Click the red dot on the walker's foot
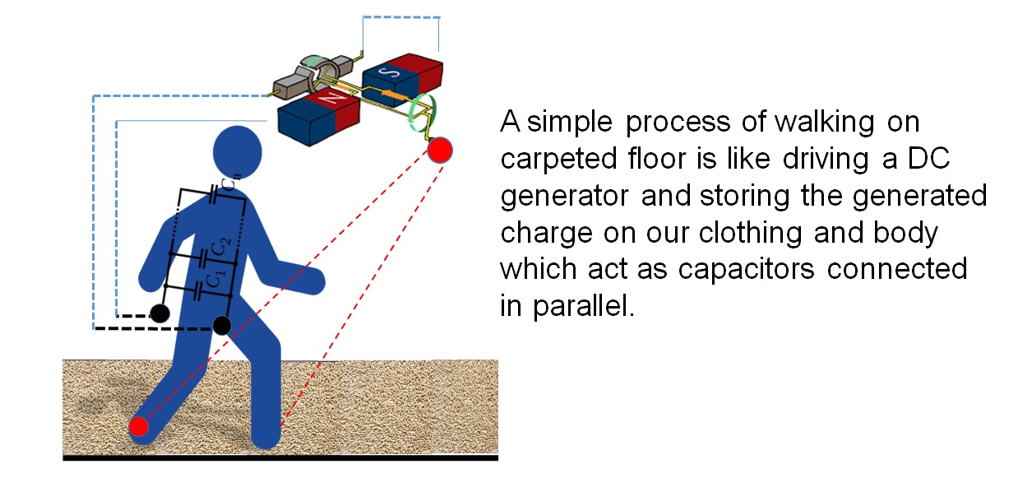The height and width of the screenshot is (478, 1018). (139, 427)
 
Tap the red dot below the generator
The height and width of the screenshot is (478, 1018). (439, 150)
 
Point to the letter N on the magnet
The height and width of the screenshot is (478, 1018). (331, 96)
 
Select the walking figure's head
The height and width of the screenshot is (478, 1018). (237, 152)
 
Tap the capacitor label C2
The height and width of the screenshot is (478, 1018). (221, 248)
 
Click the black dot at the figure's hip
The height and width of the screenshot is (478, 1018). (222, 326)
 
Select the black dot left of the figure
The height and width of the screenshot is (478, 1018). (160, 313)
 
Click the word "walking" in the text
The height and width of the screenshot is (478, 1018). (825, 123)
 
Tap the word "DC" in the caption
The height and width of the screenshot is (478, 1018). (928, 158)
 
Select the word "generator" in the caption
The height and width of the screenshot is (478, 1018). (564, 197)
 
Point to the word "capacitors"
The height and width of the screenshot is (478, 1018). (746, 270)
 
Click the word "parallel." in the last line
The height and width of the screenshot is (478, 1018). (584, 305)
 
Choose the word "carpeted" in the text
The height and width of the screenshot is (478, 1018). (558, 160)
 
